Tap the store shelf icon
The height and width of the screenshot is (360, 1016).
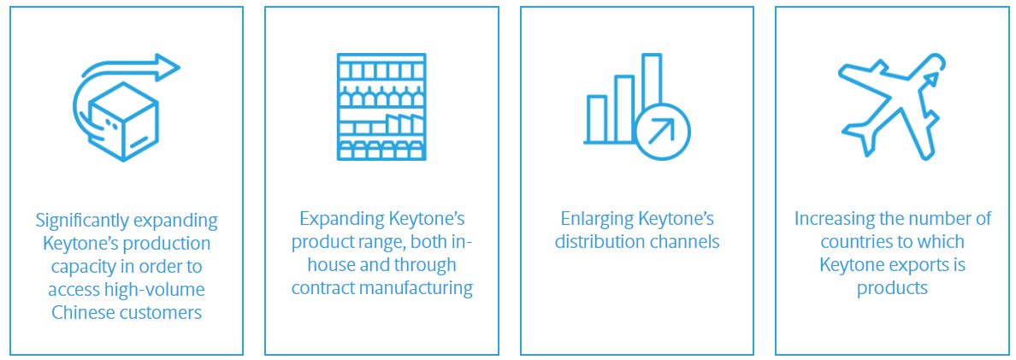381,107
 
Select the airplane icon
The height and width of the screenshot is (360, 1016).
892,106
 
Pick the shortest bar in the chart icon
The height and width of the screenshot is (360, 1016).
597,119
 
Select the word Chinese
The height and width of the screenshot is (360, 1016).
81,313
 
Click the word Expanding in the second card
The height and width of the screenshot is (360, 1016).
341,220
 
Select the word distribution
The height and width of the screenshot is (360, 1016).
598,243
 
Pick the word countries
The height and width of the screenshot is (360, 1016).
853,243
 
